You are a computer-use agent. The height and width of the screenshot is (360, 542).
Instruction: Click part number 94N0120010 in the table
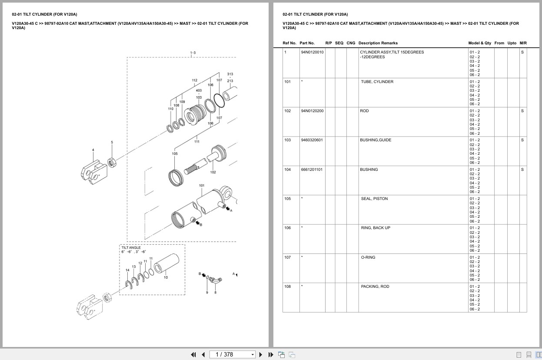312,52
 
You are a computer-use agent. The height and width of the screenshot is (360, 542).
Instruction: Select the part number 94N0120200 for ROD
312,111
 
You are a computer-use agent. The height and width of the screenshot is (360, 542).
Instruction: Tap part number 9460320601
312,140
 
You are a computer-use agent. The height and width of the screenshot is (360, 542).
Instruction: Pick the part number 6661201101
312,170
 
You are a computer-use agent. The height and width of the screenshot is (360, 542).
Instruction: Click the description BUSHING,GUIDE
375,140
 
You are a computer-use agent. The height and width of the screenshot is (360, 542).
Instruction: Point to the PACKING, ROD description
375,287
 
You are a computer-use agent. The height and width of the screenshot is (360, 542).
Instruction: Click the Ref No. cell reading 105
287,199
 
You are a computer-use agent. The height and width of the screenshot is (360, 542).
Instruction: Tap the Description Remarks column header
378,43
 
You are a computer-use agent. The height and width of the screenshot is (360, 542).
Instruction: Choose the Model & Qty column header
479,43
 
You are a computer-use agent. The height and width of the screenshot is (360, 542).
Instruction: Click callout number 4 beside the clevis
93,150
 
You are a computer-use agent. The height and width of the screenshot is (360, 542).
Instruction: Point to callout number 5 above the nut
112,142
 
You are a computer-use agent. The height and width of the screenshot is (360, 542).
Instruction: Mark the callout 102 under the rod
213,172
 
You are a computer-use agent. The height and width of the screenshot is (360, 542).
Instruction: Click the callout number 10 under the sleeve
166,277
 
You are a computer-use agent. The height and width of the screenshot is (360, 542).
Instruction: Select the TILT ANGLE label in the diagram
131,247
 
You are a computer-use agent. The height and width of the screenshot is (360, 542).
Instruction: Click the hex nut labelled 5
111,162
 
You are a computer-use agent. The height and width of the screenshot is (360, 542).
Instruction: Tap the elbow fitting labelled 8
215,281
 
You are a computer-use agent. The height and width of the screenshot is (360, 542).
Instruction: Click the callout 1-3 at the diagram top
193,53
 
